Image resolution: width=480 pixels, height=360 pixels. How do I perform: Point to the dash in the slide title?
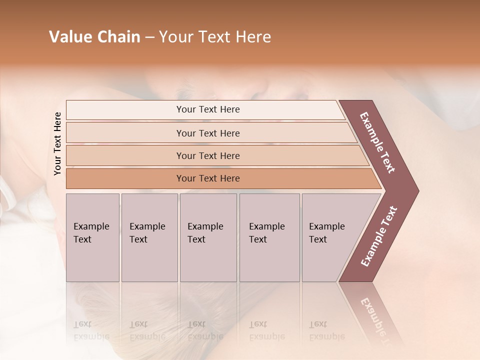149,37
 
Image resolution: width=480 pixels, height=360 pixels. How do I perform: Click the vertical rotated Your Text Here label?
57,144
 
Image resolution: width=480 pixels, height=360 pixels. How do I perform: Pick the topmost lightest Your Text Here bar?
207,109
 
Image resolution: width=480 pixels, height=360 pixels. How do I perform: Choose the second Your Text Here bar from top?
207,133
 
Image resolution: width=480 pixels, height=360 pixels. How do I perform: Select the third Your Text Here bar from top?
207,155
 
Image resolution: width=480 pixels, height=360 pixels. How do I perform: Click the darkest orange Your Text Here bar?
207,178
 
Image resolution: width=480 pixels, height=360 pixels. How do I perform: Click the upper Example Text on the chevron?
377,142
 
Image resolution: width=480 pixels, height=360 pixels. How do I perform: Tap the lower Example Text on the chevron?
378,236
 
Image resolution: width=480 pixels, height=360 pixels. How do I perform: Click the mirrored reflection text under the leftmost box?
91,331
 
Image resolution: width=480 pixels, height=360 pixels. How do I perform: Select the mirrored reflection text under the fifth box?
326,331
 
